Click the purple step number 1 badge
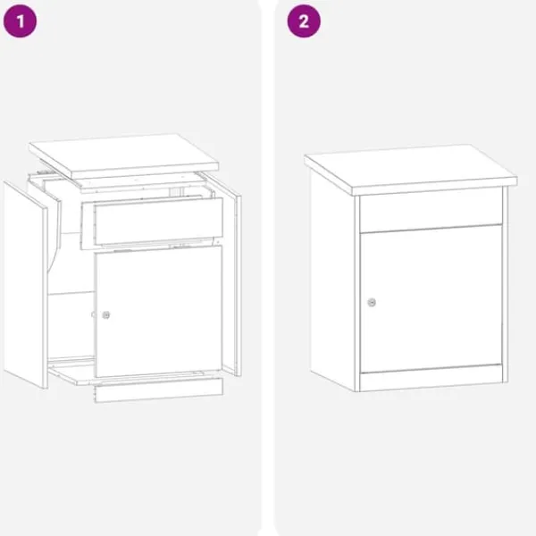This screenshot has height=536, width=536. (20, 21)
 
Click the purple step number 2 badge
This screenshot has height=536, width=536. (304, 21)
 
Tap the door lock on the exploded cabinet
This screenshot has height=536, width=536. (106, 314)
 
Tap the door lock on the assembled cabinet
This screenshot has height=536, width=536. (372, 303)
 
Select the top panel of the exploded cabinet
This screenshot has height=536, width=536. (124, 155)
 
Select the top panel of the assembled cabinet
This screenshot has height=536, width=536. (411, 169)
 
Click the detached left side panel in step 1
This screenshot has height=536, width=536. (26, 285)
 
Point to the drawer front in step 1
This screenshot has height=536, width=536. (158, 222)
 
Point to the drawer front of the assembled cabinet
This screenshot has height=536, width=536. (431, 211)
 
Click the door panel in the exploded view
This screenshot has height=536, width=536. (159, 312)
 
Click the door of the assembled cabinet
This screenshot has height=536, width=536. (431, 298)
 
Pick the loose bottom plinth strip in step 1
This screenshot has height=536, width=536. (159, 390)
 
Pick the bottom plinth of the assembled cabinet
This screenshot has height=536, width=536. (431, 378)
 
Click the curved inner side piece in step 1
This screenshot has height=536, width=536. (54, 233)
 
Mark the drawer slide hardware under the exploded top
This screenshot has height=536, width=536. (45, 171)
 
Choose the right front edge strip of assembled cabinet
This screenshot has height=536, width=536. (506, 284)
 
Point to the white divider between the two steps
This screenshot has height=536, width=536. (268, 268)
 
